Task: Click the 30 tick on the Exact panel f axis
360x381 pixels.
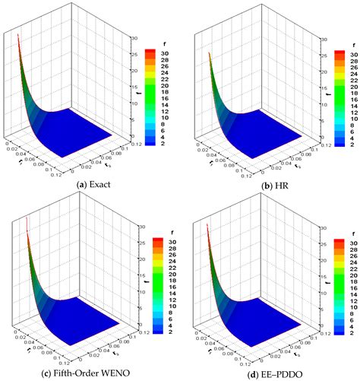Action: point(134,37)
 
